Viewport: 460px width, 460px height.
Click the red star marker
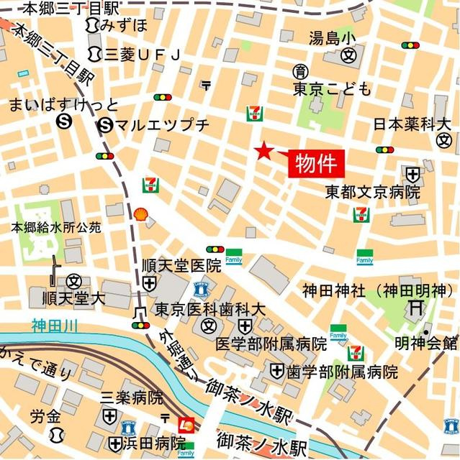tap(264, 151)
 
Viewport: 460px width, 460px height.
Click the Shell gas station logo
tap(142, 213)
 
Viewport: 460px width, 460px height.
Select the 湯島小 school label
tap(332, 37)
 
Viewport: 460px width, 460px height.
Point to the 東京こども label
tap(332, 89)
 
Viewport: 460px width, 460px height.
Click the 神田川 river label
tap(55, 326)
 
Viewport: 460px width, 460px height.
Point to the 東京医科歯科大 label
tap(209, 308)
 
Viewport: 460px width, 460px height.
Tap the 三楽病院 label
tap(131, 397)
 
